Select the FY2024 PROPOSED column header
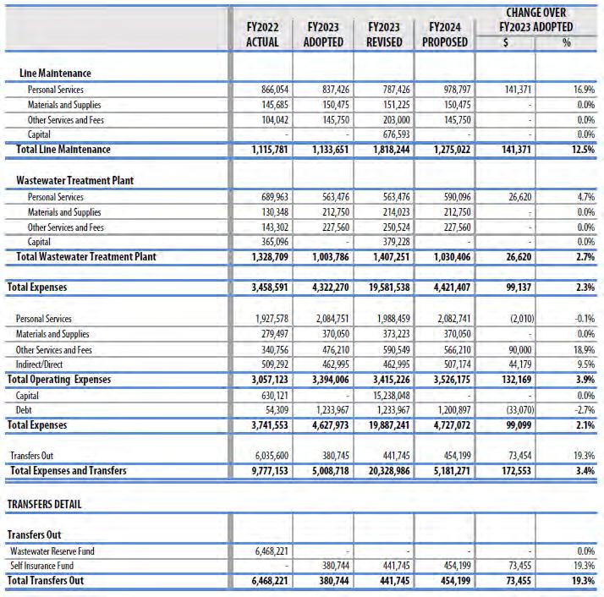(x=445, y=35)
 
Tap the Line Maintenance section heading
(x=55, y=74)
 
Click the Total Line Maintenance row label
(x=63, y=150)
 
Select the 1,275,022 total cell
(x=446, y=150)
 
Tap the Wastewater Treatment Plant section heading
(x=74, y=181)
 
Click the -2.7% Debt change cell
(x=583, y=410)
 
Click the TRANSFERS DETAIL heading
(x=45, y=504)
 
